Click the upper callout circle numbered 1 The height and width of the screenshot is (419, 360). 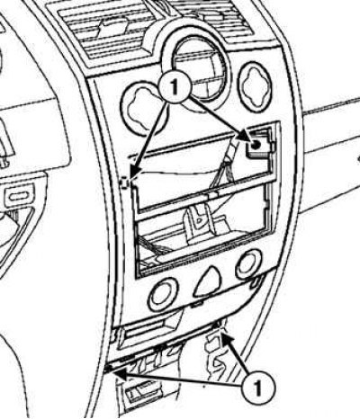pos(175,86)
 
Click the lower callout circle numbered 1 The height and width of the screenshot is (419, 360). pos(257,388)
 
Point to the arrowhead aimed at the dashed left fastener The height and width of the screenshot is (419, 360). pos(134,174)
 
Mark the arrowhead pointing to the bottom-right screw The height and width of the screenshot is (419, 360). pos(227,339)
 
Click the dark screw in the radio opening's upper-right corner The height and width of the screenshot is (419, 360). pos(256,145)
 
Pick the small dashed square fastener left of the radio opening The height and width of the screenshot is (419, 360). pos(124,183)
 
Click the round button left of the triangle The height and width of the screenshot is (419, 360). pos(163,295)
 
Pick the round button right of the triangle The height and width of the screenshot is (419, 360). pos(249,264)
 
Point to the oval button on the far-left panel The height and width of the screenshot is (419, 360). pos(20,197)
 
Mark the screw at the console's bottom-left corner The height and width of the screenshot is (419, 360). pos(110,367)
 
